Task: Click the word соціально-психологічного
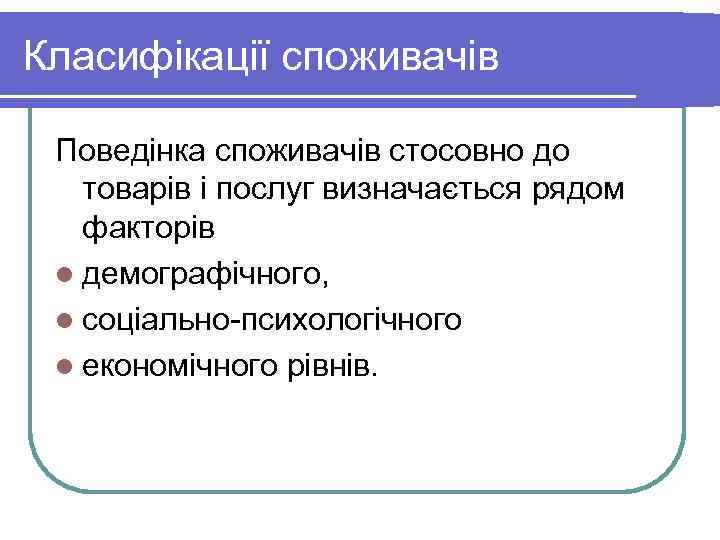(272, 320)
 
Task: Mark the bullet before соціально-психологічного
(66, 320)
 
